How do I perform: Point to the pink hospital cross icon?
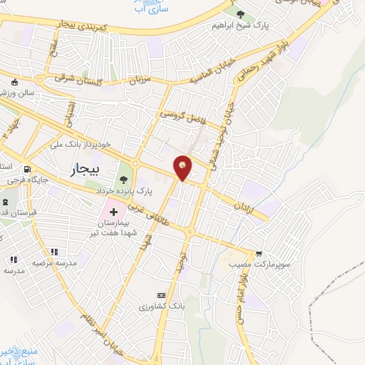point(113,212)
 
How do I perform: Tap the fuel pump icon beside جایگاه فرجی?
point(27,170)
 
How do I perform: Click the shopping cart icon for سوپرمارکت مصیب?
point(258,253)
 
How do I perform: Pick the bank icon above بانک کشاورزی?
point(161,294)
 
